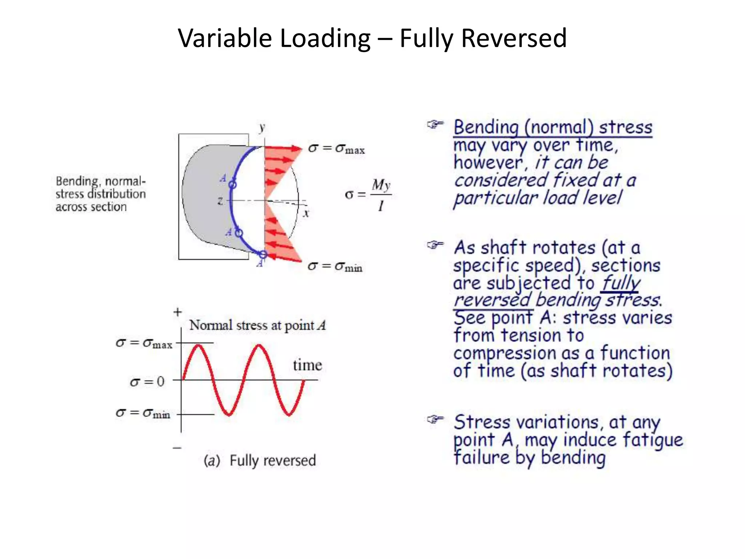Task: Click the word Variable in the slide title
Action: click(225, 38)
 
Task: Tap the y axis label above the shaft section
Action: click(262, 128)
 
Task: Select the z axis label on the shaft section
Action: click(220, 201)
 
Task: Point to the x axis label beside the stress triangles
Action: click(306, 213)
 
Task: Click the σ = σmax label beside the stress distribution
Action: click(336, 148)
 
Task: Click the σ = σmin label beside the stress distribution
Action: click(335, 267)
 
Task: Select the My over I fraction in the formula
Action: click(381, 195)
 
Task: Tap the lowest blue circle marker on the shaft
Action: click(263, 254)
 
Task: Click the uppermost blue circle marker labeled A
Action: click(232, 185)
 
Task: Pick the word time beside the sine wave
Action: click(307, 365)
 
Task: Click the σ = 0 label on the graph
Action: click(147, 382)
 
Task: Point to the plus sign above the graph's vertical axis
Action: click(178, 312)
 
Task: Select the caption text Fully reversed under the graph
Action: click(272, 461)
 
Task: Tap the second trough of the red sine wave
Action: click(289, 414)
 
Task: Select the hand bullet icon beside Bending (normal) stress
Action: click(435, 125)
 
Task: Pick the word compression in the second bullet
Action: click(505, 353)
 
